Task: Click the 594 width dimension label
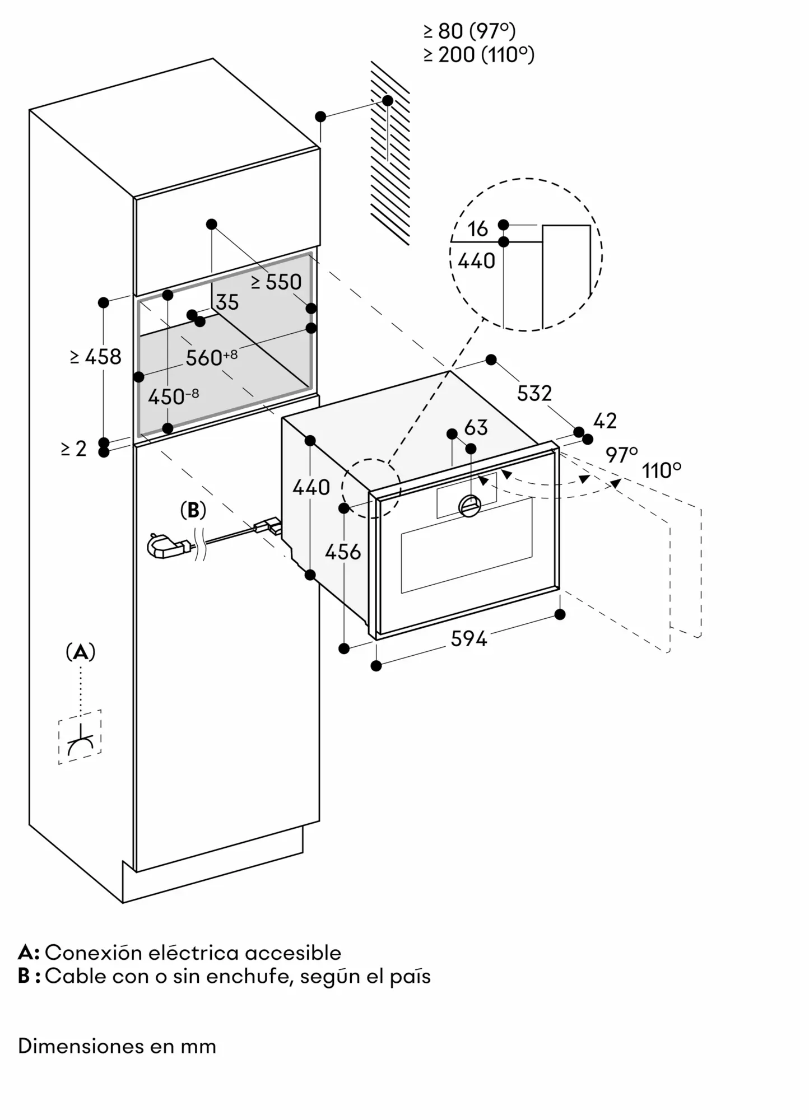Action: (469, 638)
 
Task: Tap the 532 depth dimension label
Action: (534, 393)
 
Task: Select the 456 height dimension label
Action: (343, 552)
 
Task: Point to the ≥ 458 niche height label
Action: (96, 357)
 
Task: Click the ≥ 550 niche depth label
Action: (276, 282)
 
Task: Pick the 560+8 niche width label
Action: (211, 357)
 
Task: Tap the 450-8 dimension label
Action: (173, 396)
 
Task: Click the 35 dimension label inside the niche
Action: (227, 302)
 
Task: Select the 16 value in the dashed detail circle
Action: (477, 228)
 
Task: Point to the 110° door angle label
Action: (662, 470)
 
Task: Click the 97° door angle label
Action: (622, 455)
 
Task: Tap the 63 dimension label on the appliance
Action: (476, 428)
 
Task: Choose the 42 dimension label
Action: (605, 421)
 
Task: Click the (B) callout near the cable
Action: (193, 510)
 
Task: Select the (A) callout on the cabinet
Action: (81, 652)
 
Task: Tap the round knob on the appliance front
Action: (469, 506)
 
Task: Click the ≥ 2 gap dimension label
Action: (74, 449)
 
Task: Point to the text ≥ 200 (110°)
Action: (479, 55)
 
